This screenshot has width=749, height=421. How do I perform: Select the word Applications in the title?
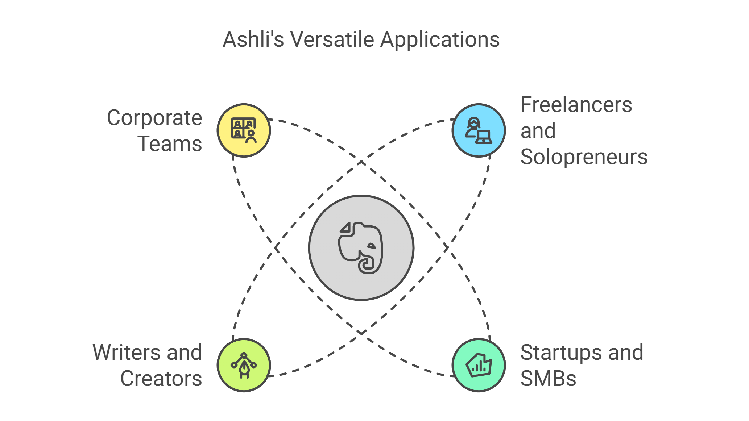440,40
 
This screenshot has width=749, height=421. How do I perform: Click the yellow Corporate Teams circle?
244,130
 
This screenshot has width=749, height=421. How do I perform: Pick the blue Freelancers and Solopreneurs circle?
479,130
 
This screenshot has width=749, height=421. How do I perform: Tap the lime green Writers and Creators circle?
244,365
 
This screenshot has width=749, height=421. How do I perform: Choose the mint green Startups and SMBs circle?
479,365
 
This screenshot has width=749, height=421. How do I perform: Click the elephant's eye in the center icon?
372,246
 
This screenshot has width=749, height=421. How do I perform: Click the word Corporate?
154,118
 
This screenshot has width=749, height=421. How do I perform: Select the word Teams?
170,144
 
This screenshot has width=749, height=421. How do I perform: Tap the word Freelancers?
576,105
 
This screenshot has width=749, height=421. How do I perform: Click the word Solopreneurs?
584,157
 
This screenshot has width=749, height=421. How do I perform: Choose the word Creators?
161,379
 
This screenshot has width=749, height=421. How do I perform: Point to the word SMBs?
548,379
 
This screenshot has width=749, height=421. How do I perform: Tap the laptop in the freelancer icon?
484,137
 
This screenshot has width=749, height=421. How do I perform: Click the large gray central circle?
361,248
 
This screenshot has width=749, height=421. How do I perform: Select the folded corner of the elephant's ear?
346,228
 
